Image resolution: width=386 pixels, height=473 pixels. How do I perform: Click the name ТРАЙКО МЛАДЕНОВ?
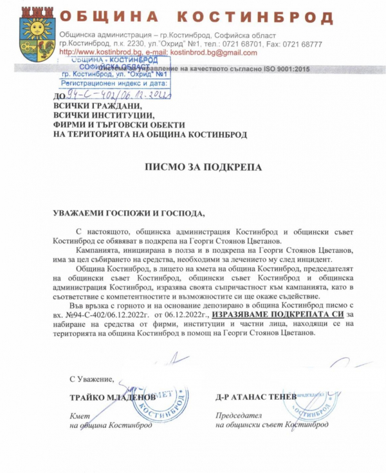[113, 397]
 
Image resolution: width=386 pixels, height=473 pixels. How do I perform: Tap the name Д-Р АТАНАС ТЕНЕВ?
[256, 397]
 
